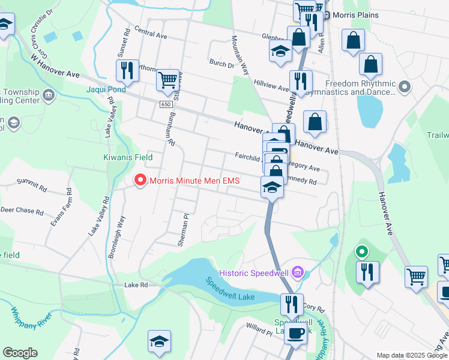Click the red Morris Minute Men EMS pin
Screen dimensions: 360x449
coord(140,180)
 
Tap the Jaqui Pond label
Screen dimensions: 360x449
coord(106,89)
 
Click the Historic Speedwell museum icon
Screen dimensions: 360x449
coord(297,274)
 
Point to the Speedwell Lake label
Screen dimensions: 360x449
coord(231,289)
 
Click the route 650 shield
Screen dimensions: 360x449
coord(166,104)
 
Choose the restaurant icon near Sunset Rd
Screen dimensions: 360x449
coord(127,70)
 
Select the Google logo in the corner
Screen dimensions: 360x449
coord(20,353)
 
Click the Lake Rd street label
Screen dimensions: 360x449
coord(136,285)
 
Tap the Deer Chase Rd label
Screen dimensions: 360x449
coord(22,211)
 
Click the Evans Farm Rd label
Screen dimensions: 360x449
coord(61,208)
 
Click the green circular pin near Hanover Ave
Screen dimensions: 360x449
coord(362,252)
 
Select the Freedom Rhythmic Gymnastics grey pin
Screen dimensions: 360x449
coord(405,88)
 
